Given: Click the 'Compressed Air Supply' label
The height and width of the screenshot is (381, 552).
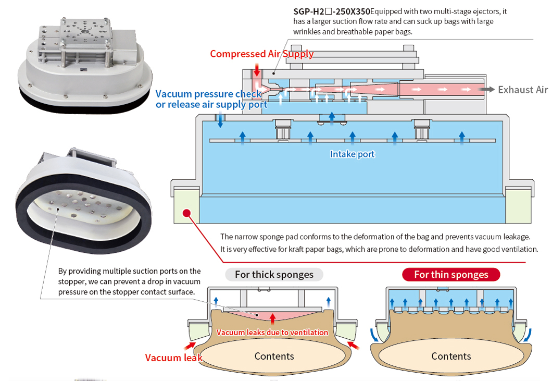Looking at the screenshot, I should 261,54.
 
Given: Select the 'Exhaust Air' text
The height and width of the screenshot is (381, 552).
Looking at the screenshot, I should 522,90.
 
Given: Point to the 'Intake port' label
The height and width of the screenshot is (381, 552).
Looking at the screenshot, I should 352,154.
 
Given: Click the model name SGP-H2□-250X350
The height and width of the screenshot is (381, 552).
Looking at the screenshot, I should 331,11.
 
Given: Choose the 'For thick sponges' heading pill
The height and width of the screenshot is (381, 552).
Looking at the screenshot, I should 274,275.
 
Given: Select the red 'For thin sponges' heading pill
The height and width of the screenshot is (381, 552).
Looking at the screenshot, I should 451,275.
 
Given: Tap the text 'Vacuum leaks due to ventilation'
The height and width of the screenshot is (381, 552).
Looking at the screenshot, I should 272,332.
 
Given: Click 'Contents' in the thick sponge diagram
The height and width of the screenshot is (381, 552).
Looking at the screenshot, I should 274,357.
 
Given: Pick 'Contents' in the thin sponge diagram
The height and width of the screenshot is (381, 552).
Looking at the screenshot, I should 451,357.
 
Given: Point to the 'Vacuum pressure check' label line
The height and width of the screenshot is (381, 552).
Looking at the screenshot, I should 208,94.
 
